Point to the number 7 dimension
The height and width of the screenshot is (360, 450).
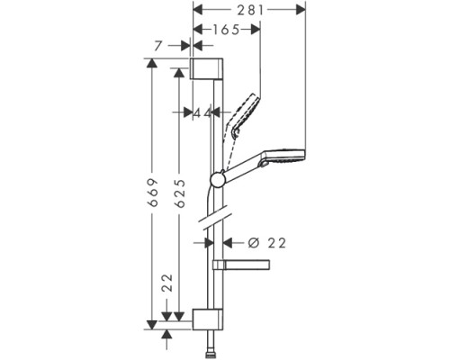[x=158, y=45]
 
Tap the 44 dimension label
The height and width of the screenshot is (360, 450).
[x=202, y=112]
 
